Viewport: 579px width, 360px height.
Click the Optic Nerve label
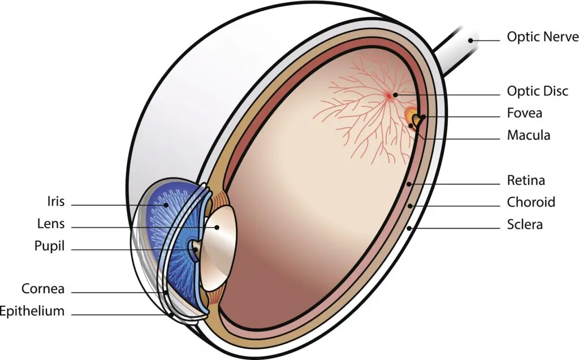542,37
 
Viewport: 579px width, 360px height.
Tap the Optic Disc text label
537,91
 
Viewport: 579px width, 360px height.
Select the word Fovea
524,113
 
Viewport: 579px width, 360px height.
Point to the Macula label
528,136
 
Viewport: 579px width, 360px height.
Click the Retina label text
526,181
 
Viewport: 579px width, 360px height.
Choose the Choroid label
531,202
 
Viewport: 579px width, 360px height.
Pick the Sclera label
525,224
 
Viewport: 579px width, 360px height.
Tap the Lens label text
50,224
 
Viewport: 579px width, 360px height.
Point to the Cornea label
43,289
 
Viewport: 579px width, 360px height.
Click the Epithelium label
32,311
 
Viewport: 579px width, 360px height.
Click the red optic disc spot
390,96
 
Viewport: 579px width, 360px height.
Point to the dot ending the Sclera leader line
409,228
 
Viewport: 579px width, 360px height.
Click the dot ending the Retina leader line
409,184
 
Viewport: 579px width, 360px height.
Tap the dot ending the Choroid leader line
410,206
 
